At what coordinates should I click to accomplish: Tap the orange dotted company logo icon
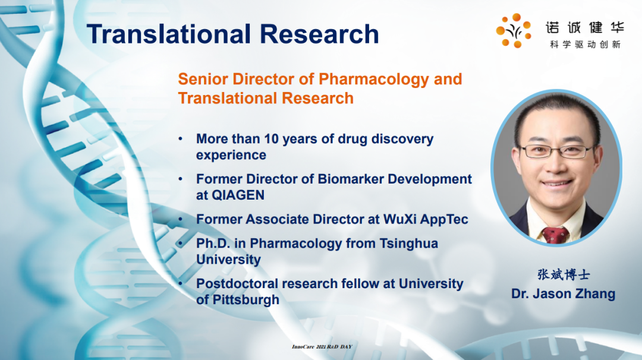(x=514, y=30)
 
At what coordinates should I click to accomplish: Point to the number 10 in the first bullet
(x=272, y=138)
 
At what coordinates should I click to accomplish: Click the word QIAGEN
(x=238, y=195)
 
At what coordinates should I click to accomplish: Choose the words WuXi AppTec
(x=426, y=220)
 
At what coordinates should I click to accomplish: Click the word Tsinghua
(x=408, y=244)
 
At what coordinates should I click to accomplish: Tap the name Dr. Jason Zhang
(x=563, y=293)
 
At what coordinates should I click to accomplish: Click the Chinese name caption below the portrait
(x=564, y=274)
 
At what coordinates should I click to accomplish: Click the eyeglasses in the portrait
(x=556, y=151)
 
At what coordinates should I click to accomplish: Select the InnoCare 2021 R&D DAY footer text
(x=322, y=346)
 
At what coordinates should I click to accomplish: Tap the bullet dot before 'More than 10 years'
(x=181, y=138)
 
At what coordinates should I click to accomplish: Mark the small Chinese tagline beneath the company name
(x=585, y=45)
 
